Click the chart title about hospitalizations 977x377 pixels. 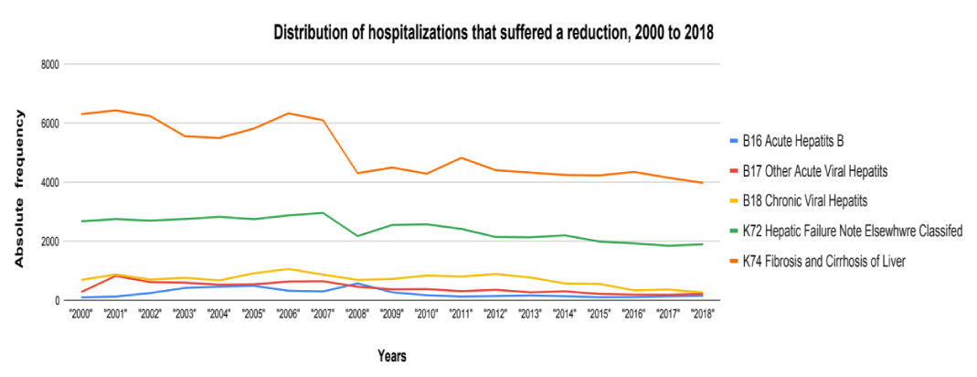493,34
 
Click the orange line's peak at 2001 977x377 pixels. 116,111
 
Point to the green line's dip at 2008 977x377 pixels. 359,236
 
